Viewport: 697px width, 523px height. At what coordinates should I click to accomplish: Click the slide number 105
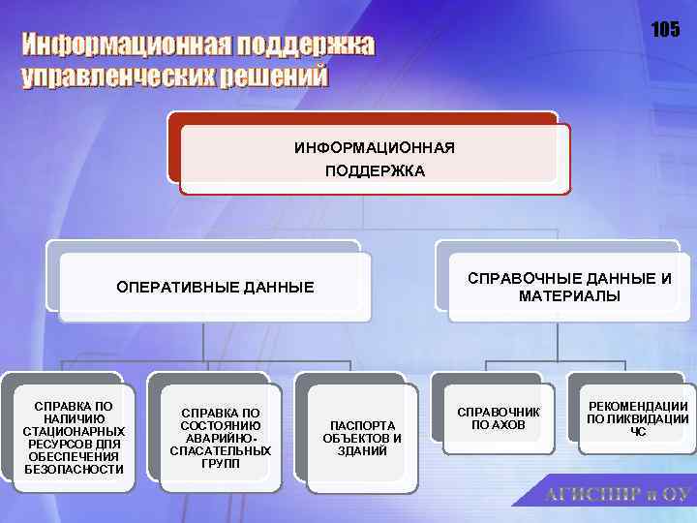[x=665, y=30]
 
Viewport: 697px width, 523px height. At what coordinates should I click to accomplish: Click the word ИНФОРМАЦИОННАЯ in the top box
[x=375, y=148]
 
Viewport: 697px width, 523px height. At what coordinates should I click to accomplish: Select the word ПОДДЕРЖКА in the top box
[x=375, y=170]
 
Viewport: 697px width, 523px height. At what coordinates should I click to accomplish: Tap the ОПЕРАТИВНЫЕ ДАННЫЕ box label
[x=215, y=287]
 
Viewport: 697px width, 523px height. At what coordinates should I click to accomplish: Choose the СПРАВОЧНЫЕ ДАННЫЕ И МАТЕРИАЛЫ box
[x=569, y=287]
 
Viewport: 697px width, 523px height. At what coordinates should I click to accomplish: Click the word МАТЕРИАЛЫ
[x=569, y=295]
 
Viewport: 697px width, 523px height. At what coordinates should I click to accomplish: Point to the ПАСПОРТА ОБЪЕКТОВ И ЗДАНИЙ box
[x=362, y=439]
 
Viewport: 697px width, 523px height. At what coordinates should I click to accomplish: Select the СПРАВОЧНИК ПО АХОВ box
[x=498, y=418]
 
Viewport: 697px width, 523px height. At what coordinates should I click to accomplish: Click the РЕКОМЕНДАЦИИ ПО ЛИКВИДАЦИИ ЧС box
[x=638, y=418]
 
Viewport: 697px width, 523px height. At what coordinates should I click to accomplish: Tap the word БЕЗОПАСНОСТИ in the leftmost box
[x=75, y=469]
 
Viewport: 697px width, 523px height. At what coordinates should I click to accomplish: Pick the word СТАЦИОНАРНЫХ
[x=75, y=431]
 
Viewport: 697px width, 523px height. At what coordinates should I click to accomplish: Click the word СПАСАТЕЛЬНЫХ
[x=221, y=451]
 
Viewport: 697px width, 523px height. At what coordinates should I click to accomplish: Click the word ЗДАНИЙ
[x=362, y=451]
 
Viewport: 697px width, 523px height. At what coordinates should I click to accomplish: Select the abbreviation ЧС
[x=638, y=432]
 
